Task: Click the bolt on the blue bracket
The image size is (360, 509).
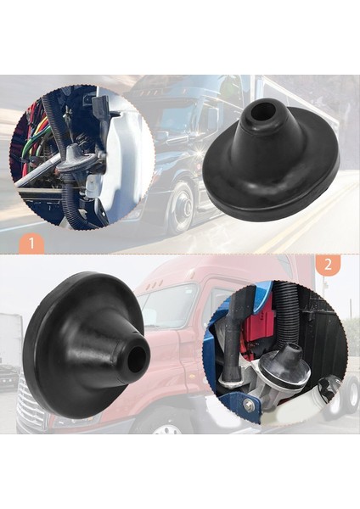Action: [248, 406]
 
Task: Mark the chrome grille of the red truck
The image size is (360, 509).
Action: [31, 416]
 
